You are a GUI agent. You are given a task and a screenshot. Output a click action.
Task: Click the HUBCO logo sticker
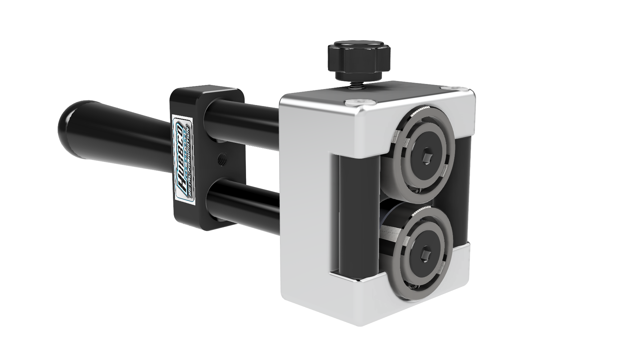coord(184,158)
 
